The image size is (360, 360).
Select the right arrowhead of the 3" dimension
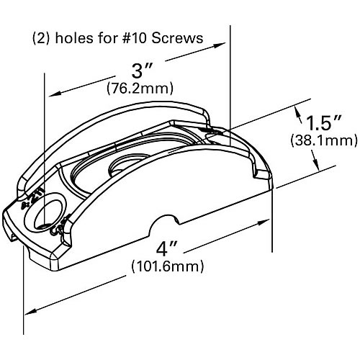(225, 45)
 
